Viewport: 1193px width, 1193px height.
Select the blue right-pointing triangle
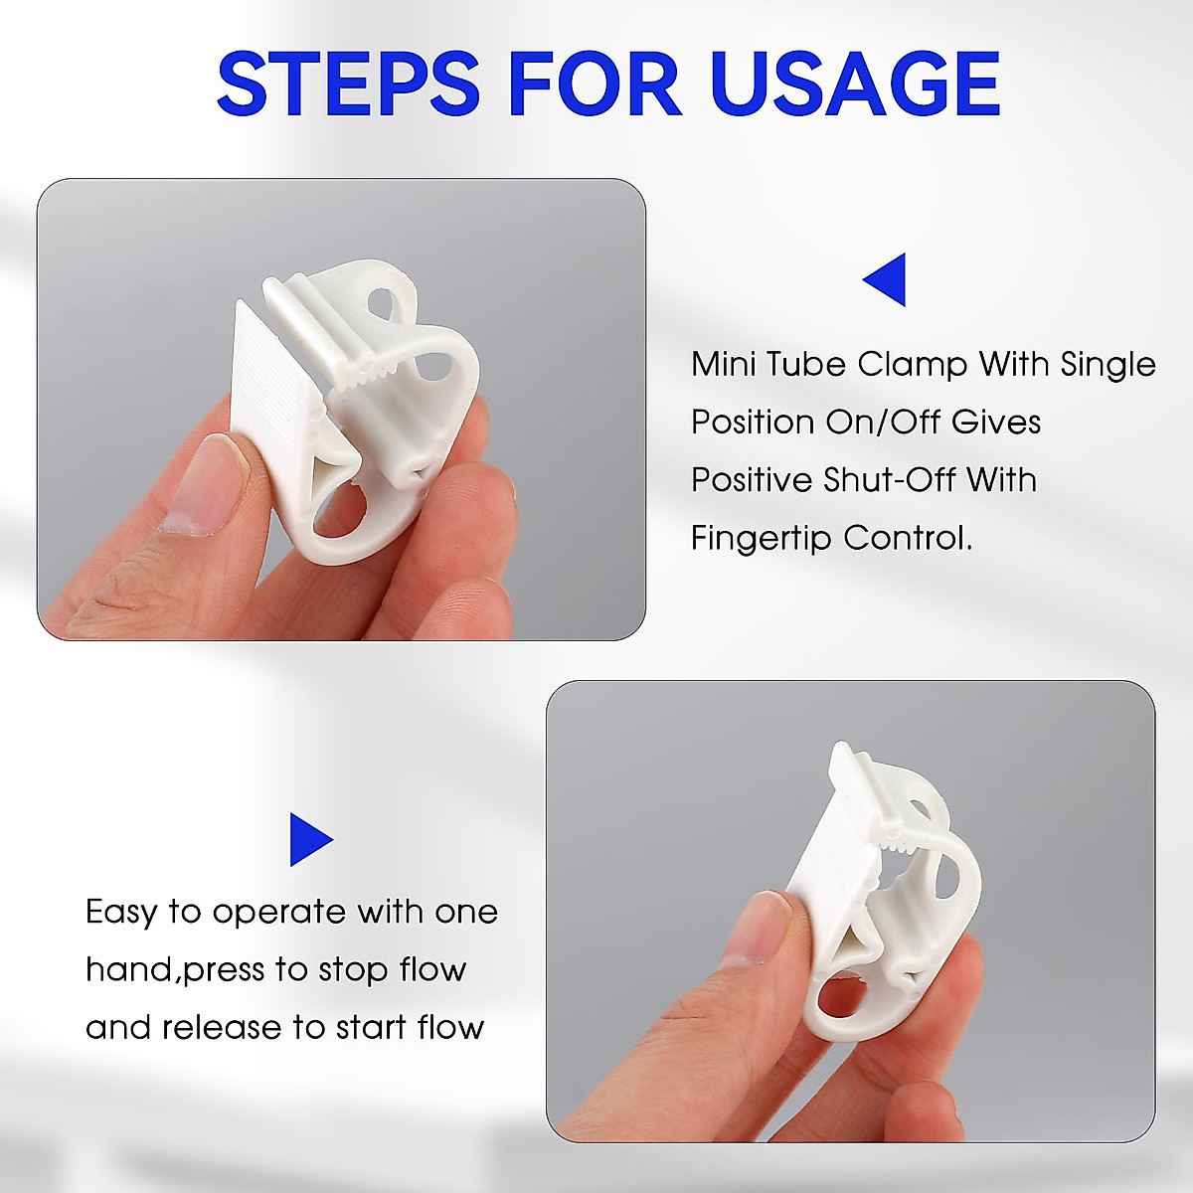coord(310,839)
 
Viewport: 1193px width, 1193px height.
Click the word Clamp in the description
coord(915,364)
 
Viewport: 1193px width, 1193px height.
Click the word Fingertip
coord(761,538)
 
